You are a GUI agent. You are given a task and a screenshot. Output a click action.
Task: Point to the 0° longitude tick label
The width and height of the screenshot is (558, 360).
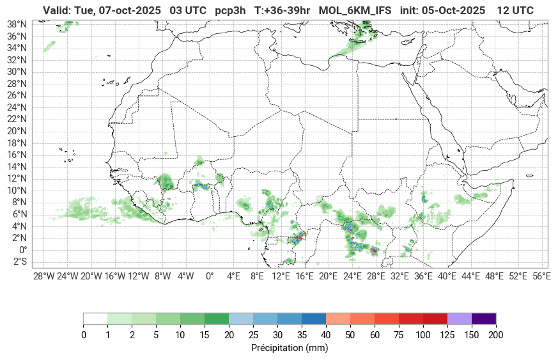[209, 276]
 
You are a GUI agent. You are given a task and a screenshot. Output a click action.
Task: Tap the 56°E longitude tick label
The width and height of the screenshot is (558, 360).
[541, 276]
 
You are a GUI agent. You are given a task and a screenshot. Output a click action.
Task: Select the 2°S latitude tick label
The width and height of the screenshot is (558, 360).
[18, 262]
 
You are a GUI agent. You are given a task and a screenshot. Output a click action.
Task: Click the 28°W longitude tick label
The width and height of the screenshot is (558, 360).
[43, 276]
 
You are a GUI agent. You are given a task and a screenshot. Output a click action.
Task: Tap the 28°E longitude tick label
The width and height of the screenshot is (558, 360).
[375, 276]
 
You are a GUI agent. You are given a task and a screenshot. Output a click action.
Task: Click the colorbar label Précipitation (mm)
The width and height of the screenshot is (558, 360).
[290, 348]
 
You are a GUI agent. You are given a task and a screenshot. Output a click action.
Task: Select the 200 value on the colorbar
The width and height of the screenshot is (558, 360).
[496, 335]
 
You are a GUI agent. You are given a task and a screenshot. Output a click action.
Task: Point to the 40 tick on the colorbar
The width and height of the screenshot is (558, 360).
[326, 335]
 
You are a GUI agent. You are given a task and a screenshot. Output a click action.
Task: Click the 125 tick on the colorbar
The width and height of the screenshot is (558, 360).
[447, 335]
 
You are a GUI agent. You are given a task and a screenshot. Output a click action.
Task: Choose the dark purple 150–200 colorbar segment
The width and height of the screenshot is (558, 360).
[484, 318]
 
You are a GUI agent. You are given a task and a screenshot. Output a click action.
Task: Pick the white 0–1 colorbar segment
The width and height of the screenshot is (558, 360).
[95, 318]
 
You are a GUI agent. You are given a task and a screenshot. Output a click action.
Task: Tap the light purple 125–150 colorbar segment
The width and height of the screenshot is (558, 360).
[460, 318]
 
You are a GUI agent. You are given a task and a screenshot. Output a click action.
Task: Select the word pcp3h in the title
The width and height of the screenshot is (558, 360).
[230, 10]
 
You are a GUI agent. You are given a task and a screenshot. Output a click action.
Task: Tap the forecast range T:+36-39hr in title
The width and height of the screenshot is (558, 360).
[283, 10]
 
